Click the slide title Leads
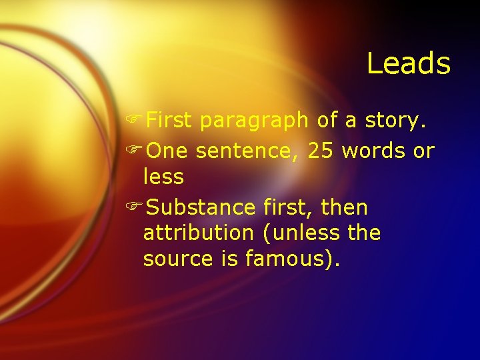[409, 64]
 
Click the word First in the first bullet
[169, 120]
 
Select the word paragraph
[255, 121]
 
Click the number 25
[321, 151]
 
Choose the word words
[373, 151]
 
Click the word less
[163, 177]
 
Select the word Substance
[201, 208]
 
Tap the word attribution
[198, 233]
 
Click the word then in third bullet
[344, 208]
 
